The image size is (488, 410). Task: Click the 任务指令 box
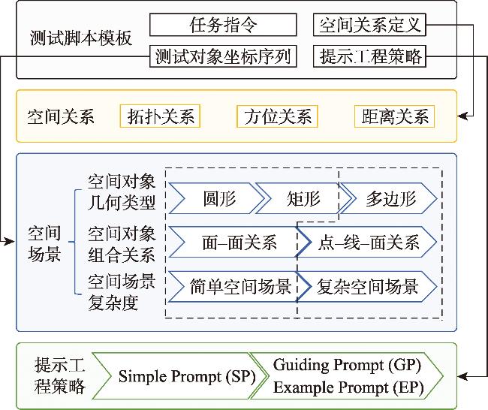[223, 26]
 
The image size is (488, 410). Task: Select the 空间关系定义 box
[369, 26]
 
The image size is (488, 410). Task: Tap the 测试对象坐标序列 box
[223, 56]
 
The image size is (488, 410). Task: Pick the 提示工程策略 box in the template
[369, 56]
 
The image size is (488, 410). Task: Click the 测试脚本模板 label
[82, 38]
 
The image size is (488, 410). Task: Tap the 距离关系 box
[393, 116]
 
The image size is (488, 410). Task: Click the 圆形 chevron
[218, 199]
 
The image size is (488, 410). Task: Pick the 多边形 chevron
[390, 199]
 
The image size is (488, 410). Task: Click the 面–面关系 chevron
[238, 243]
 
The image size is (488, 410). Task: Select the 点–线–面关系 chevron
[369, 243]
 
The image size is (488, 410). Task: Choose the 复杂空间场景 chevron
[367, 286]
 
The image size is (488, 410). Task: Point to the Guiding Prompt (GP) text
[347, 365]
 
